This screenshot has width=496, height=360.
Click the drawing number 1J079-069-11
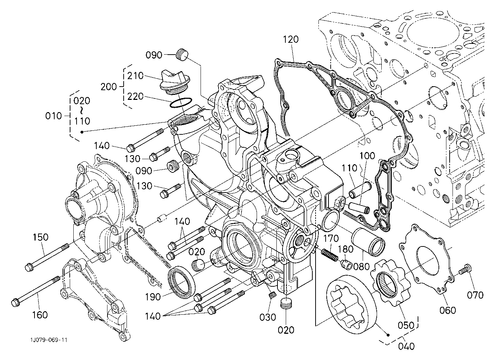tap(49, 340)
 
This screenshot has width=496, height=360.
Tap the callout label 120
tap(291, 40)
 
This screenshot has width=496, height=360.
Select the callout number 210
tap(135, 76)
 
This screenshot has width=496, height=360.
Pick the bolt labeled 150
tap(47, 257)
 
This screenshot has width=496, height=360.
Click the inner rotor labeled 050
tap(390, 284)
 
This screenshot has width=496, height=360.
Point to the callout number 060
tap(447, 310)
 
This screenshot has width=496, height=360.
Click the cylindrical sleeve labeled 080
tap(368, 242)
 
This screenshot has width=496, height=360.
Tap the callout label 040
tap(406, 346)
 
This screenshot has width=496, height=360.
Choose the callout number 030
tap(268, 317)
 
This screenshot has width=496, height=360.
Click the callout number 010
tap(53, 116)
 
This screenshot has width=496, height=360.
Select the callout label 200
tap(109, 87)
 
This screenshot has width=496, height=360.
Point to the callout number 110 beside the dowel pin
tap(349, 168)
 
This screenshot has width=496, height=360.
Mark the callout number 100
tap(367, 156)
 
